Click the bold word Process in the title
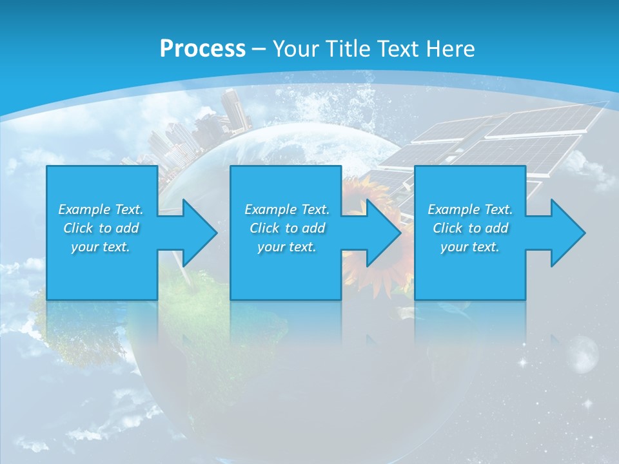point(202,49)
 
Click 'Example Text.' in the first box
point(101,209)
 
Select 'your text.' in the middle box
point(286,247)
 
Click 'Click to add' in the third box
point(470,228)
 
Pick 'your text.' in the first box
point(101,247)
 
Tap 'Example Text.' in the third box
point(470,209)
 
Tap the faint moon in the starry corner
point(584,354)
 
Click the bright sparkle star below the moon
point(587,403)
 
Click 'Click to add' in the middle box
point(286,228)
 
